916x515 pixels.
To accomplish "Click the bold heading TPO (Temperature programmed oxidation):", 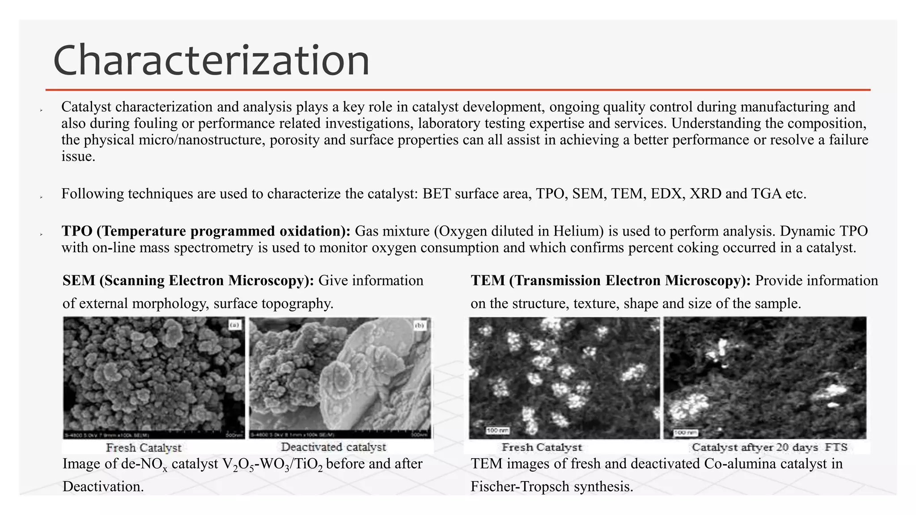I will [x=206, y=231].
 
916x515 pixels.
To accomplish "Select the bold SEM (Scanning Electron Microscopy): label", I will [x=188, y=281].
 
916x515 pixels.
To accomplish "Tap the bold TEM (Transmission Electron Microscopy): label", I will [x=611, y=281].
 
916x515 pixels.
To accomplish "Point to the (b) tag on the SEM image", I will [x=420, y=325].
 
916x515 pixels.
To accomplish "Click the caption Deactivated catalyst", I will [x=333, y=447].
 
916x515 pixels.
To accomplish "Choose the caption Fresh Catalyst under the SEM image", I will [x=144, y=447].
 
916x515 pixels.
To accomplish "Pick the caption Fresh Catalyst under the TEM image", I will [x=542, y=447].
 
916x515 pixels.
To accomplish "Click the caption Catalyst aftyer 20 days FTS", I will [x=769, y=447].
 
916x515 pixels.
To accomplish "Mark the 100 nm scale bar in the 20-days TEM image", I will [x=686, y=433].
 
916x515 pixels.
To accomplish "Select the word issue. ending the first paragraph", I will [x=78, y=156].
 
